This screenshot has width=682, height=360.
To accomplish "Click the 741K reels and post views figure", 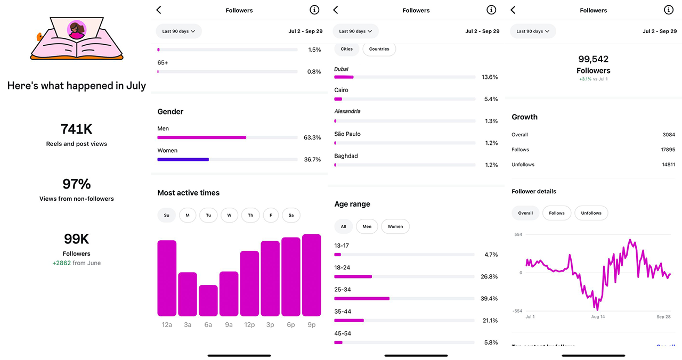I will pos(76,129).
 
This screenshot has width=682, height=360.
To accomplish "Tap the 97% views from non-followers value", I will pos(77,184).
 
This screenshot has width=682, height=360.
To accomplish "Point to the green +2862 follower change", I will pos(62,263).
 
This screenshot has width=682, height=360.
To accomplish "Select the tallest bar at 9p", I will pos(311,275).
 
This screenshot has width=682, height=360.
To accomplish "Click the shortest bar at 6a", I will pos(208,300).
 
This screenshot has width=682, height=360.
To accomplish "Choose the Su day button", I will pos(167,215).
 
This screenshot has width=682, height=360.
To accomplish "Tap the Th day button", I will pos(250,215).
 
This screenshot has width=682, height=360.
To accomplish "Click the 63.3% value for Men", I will pos(312,137).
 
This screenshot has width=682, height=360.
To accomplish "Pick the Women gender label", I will pos(167,151).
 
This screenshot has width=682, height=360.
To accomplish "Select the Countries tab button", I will pos(379,49).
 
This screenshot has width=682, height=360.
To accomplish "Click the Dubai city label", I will pos(341,69).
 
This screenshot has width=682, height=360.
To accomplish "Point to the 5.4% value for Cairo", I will pos(489,99).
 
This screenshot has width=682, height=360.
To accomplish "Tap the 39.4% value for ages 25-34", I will pos(489,299).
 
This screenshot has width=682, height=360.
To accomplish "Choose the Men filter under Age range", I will pos(367,226).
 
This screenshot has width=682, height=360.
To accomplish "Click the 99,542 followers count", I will pos(593,59).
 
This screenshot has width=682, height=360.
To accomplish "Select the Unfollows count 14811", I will pos(668,165).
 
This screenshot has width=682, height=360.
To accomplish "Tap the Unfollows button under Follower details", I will pos(591,213).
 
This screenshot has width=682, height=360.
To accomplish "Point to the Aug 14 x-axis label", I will pos(598,317).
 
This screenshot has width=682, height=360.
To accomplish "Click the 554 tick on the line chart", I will pos(518,235).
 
